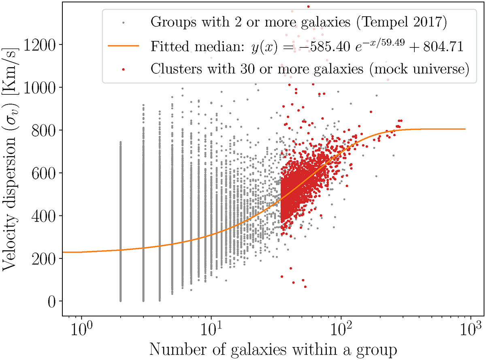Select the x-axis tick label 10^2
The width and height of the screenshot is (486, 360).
(x=341, y=328)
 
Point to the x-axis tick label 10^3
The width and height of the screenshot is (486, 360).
(x=471, y=328)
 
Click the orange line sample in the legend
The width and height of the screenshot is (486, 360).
(x=124, y=46)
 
